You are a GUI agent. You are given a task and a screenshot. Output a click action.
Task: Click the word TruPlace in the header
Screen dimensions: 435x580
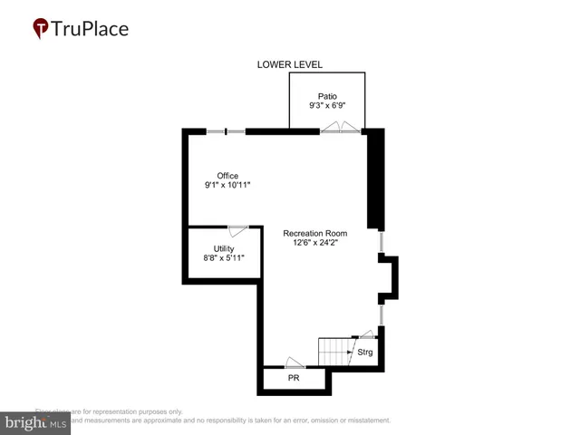tap(91, 28)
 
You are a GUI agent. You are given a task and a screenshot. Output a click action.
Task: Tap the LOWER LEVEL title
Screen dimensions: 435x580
tap(289, 64)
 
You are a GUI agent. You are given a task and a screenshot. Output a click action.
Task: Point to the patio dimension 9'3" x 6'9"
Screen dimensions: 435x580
tap(327, 105)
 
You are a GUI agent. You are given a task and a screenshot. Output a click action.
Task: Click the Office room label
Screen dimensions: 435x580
tap(227, 175)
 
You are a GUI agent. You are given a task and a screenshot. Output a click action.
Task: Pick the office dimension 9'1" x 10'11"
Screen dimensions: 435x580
tap(227, 186)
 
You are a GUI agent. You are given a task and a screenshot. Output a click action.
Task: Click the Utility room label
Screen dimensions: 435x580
tap(224, 248)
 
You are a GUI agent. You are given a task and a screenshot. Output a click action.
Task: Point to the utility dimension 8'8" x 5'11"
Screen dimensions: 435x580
tap(224, 259)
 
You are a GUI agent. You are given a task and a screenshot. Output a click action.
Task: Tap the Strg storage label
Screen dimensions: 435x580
tap(364, 352)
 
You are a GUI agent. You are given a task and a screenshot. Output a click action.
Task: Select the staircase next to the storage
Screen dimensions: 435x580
tap(333, 352)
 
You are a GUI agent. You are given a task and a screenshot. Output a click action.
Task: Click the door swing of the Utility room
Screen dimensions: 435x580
tap(238, 231)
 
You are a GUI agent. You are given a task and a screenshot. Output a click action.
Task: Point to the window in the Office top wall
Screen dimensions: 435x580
tap(226, 132)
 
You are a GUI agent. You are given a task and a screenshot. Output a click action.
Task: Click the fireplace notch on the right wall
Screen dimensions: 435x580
tap(389, 276)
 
